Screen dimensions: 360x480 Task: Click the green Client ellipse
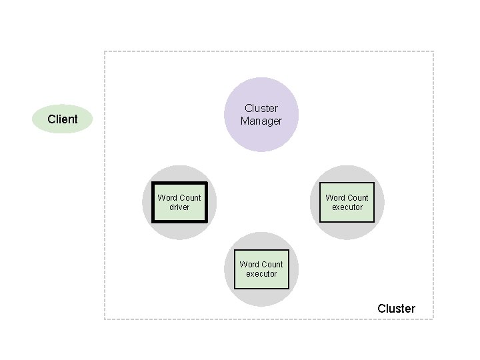point(62,119)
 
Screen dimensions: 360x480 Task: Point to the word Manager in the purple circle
point(261,121)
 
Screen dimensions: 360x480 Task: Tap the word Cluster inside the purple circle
point(261,108)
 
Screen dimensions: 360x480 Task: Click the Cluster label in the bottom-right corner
point(396,309)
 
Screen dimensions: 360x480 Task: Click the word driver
point(179,207)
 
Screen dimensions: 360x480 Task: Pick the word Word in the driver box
point(167,198)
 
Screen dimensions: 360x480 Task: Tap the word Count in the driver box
point(190,198)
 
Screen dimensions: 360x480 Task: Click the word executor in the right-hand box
point(347,207)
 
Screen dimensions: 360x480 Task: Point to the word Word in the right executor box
point(335,198)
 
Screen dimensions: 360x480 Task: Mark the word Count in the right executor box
point(358,198)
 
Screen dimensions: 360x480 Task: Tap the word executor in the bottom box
point(261,274)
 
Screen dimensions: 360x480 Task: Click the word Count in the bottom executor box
point(272,265)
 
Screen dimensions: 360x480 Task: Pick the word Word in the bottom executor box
point(249,265)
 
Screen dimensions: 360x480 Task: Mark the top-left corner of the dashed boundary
point(105,51)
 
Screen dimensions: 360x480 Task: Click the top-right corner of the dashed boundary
point(433,51)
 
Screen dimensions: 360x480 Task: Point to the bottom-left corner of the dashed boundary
point(105,319)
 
